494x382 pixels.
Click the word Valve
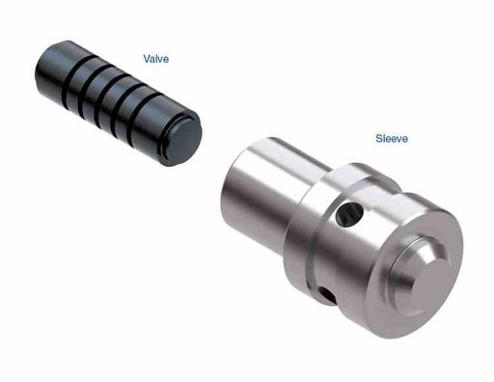155,60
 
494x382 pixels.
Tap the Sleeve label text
392,139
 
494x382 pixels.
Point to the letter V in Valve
146,60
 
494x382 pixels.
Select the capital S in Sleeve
379,139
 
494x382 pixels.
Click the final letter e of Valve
166,60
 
